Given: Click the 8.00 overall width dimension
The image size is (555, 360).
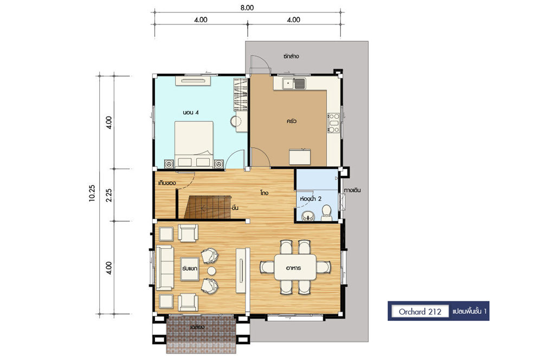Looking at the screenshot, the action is [x=247, y=8].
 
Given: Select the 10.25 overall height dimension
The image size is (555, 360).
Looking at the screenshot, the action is [x=92, y=193].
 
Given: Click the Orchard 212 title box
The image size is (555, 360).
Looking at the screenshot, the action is [x=420, y=312].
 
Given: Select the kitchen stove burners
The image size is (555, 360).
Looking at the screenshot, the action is [x=333, y=123].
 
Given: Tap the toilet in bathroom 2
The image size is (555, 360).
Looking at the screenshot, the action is [x=326, y=213].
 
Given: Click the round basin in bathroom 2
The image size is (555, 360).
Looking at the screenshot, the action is [x=308, y=215].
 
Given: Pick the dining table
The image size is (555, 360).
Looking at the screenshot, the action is [x=295, y=267].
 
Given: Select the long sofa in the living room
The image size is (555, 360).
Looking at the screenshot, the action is [x=164, y=268].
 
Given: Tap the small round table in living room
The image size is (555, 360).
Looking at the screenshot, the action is [x=211, y=271].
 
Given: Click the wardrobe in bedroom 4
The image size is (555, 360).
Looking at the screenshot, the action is [x=241, y=94].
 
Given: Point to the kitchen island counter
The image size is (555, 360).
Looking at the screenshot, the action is [x=300, y=157].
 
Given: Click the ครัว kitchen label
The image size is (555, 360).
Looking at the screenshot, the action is [x=291, y=121].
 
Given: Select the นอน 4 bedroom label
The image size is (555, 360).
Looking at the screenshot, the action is [x=190, y=112].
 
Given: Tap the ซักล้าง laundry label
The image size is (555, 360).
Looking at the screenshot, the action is [x=291, y=56].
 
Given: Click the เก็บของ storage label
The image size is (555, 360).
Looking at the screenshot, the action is [x=167, y=183].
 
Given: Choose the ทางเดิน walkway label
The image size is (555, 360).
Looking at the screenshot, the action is [x=352, y=190].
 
